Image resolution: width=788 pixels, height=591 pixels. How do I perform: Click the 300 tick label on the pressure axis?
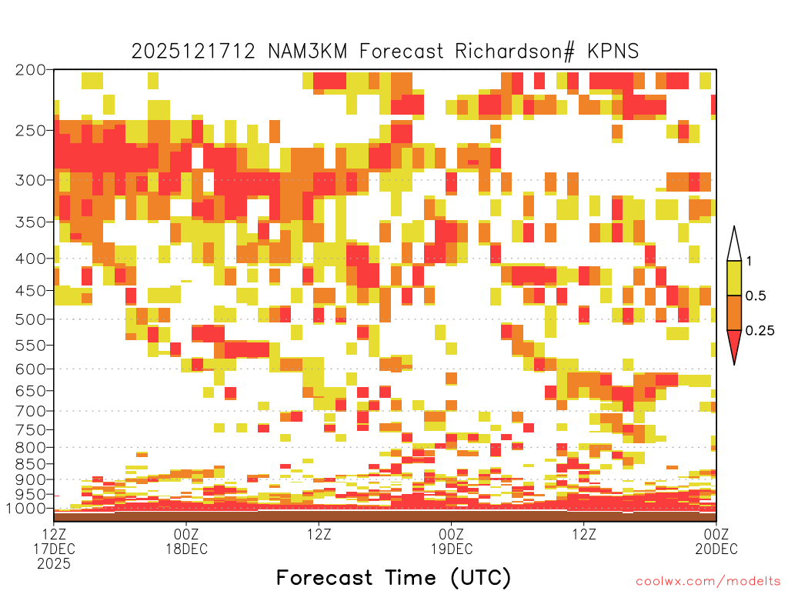click(x=30, y=180)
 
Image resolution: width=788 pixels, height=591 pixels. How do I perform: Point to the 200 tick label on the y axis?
click(x=30, y=70)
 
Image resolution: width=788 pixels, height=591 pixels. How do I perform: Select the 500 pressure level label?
click(x=30, y=319)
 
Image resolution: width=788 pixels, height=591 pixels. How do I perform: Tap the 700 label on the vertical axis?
click(x=30, y=411)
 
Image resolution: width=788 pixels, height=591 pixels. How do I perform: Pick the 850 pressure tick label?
click(x=30, y=463)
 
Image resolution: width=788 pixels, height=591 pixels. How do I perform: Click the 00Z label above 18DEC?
click(x=186, y=534)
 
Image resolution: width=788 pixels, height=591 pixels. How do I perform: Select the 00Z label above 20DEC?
click(x=716, y=534)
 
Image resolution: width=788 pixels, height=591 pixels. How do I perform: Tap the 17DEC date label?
click(x=54, y=549)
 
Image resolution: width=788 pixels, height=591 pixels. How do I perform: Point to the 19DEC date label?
click(x=451, y=549)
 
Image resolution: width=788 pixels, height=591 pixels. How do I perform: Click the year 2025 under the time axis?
click(x=54, y=564)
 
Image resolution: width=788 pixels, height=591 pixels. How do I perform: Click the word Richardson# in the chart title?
click(x=515, y=52)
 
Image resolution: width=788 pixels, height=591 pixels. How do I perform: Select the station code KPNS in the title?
click(x=613, y=52)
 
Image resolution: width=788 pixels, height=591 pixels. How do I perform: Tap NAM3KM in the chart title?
click(x=308, y=52)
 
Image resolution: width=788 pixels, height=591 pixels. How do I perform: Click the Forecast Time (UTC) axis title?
click(x=393, y=577)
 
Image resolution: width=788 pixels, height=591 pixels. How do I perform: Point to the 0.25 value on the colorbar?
click(x=760, y=331)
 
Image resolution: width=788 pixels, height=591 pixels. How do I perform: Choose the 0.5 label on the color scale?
click(x=756, y=296)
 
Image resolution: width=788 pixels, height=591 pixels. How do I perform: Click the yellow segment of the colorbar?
click(x=734, y=278)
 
